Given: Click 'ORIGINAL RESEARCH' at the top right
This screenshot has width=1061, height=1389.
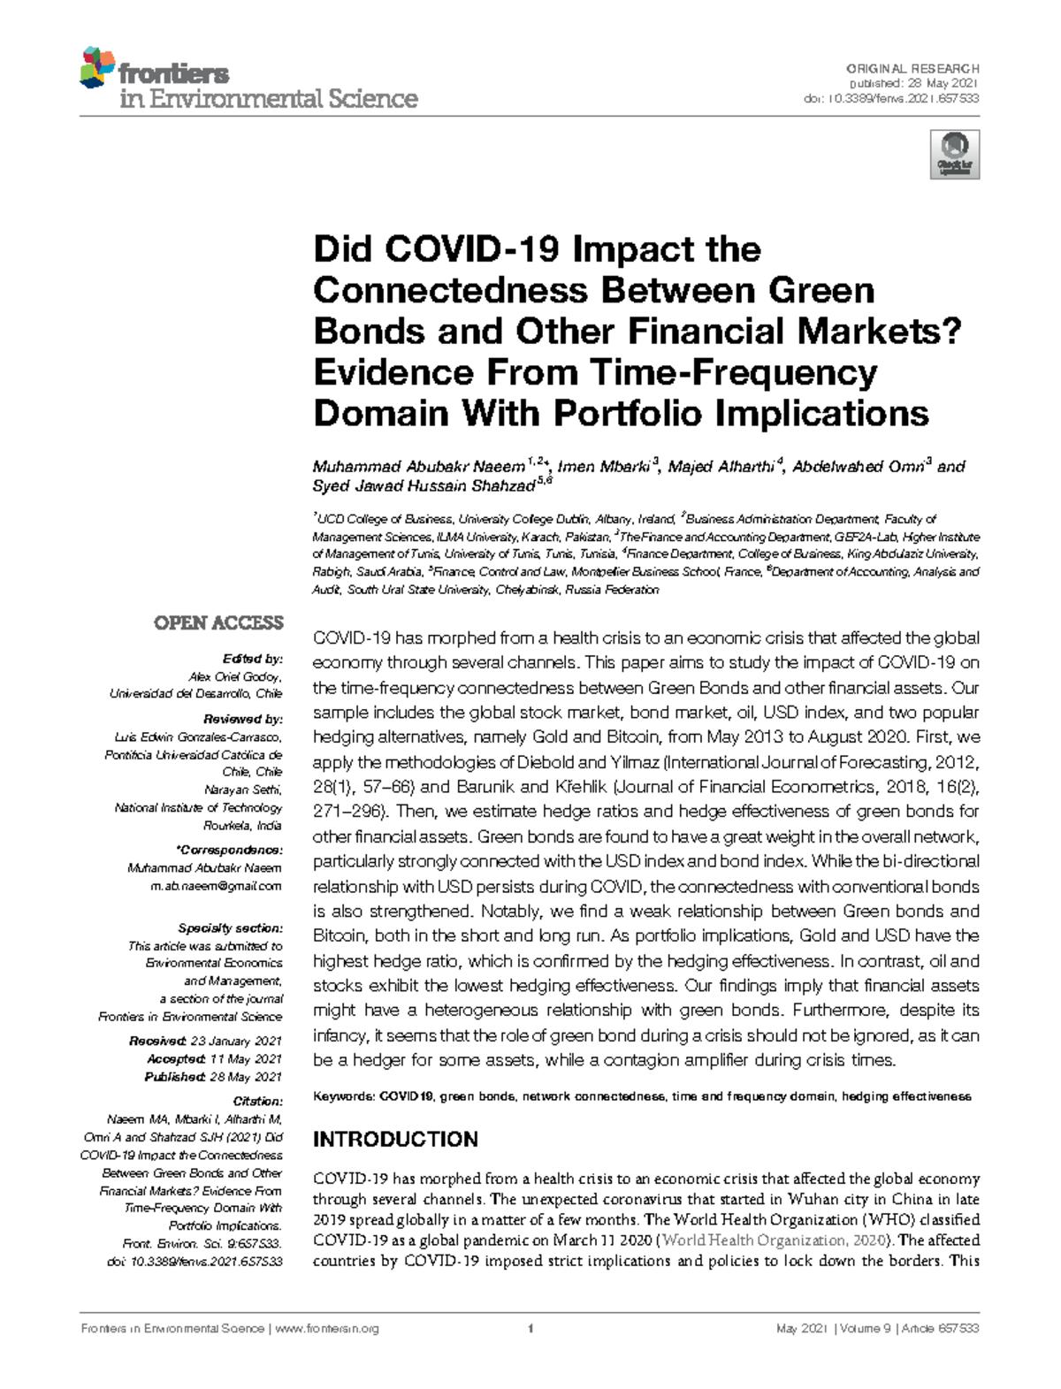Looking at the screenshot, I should click(x=912, y=68).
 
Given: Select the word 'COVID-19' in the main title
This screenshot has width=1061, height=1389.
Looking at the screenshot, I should click(x=472, y=249).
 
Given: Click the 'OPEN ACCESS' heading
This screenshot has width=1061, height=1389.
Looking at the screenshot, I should click(x=218, y=623).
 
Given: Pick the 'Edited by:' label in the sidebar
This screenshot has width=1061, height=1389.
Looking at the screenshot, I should click(x=252, y=659).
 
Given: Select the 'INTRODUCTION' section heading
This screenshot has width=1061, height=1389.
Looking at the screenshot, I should click(x=395, y=1139).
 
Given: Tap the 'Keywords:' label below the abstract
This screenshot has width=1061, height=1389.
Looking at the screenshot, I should click(x=344, y=1096).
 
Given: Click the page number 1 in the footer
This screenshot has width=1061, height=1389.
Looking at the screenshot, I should click(x=530, y=1329).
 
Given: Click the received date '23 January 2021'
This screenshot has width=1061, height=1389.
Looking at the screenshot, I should click(x=236, y=1042).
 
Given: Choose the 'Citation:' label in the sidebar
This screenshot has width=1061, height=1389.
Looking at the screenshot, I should click(x=257, y=1102).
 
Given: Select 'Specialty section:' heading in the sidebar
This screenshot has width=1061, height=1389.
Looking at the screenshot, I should click(x=230, y=928).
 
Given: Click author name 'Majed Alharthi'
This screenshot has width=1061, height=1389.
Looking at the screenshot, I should click(x=721, y=467).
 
